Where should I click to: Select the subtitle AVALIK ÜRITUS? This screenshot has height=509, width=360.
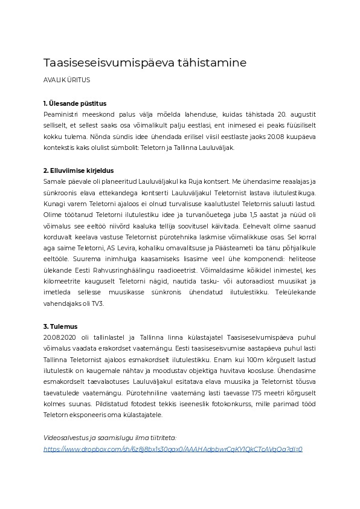[67, 80]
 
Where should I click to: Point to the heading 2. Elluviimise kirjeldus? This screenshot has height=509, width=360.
[79, 171]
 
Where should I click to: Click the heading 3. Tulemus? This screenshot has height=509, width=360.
[60, 326]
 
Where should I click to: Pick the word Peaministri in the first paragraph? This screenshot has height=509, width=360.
[63, 114]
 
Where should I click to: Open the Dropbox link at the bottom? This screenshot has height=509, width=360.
[173, 449]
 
